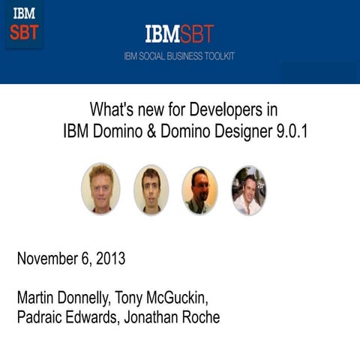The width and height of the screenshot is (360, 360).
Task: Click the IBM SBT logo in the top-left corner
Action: click(24, 23)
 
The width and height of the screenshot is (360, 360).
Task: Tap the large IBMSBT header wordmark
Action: click(179, 34)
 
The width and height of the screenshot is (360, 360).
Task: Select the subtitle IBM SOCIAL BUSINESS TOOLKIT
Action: click(179, 56)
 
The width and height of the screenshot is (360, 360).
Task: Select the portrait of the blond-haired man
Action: click(100, 189)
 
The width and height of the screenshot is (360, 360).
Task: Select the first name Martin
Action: click(35, 297)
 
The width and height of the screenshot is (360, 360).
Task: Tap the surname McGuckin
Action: click(196, 297)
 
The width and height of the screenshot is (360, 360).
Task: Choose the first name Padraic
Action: click(41, 317)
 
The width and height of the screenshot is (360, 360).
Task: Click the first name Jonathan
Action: click(166, 317)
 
